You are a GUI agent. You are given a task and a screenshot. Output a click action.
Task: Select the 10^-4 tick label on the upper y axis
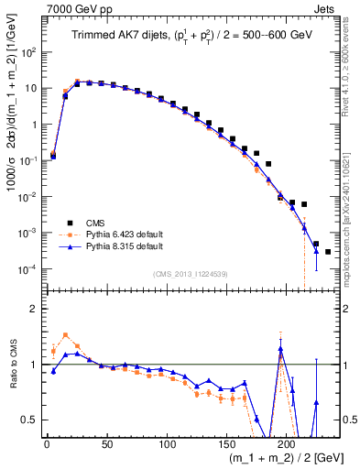click(27, 268)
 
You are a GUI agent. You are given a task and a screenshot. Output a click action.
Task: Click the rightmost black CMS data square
click(328, 251)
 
